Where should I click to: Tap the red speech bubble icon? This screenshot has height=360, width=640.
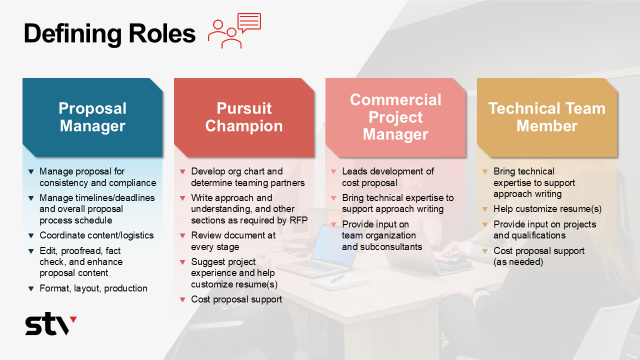click(x=249, y=23)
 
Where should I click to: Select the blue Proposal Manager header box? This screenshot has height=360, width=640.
click(x=92, y=117)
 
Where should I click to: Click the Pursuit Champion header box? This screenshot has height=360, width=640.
click(x=244, y=117)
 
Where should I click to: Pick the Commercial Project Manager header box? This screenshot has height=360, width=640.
click(x=395, y=117)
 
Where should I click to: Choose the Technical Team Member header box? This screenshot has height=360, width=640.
click(x=547, y=117)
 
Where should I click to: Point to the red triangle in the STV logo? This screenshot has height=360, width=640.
click(x=73, y=319)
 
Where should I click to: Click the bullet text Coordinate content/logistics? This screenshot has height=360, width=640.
click(x=96, y=235)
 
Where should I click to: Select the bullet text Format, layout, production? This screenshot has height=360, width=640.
click(x=93, y=288)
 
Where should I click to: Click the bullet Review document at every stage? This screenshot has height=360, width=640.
click(x=233, y=241)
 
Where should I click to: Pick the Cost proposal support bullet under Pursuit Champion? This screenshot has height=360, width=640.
click(x=236, y=299)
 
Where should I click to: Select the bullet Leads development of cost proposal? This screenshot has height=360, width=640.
click(x=387, y=177)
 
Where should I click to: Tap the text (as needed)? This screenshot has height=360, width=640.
click(x=518, y=261)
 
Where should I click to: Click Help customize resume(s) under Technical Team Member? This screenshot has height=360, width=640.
click(x=547, y=209)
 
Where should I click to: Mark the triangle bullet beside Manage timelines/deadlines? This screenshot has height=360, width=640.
click(x=31, y=198)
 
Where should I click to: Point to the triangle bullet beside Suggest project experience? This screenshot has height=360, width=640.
click(x=182, y=262)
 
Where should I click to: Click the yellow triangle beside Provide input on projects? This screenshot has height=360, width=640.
click(x=485, y=224)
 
